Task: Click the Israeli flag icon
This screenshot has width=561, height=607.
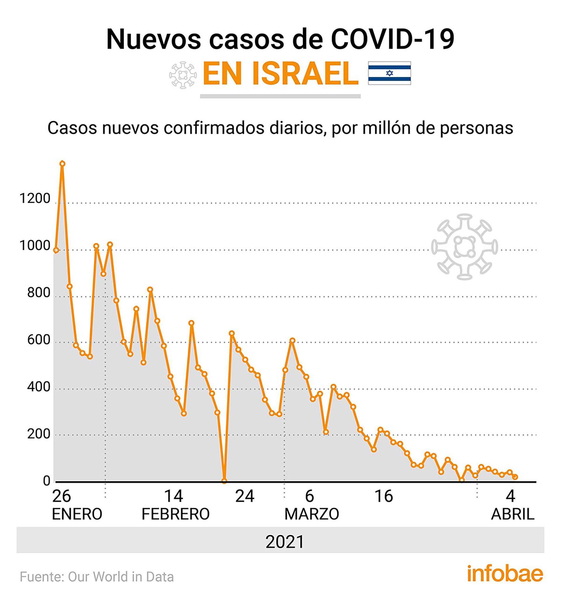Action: coord(389,73)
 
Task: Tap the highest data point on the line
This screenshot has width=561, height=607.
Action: coord(62,164)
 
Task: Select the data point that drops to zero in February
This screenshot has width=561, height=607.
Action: coord(224,481)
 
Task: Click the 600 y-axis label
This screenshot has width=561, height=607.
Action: coord(39,340)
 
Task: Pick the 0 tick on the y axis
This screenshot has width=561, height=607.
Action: coord(46,481)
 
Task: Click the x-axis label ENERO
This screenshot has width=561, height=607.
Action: coord(77,514)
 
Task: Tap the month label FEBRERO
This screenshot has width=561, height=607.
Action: coord(176,514)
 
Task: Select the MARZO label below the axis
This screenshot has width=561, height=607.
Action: coord(311,514)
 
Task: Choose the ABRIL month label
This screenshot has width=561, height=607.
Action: coord(513,514)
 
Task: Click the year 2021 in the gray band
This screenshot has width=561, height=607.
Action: coord(285,542)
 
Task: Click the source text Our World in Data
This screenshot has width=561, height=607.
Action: coord(121,577)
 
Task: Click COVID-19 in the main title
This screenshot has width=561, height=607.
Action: coord(392,39)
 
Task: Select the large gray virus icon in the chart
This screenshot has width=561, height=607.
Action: coord(465,247)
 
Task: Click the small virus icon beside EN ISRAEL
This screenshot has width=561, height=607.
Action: coord(183,75)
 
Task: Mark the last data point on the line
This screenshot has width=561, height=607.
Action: coord(515,477)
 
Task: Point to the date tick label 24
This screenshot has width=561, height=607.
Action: coord(245,497)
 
